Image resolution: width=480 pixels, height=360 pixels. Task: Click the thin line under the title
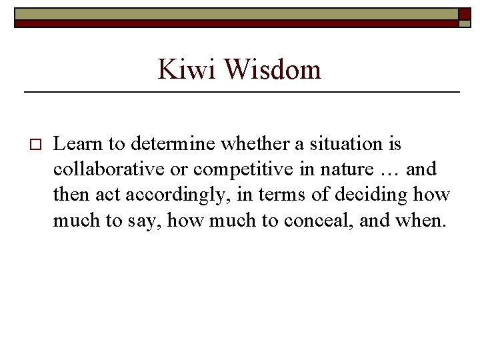(242, 91)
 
